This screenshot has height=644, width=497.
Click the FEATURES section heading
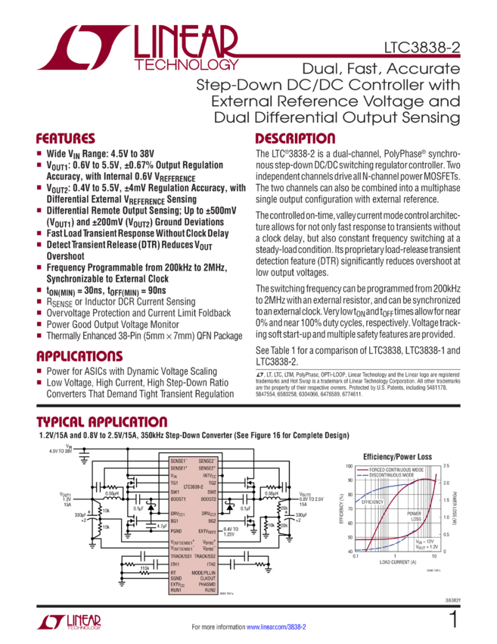(x=66, y=139)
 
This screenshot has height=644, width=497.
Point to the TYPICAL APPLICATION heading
(x=103, y=421)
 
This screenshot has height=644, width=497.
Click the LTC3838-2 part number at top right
(x=424, y=48)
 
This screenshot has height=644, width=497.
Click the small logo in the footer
(x=68, y=622)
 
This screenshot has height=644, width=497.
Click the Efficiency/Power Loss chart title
(x=397, y=458)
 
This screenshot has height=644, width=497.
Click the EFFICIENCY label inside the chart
(x=371, y=502)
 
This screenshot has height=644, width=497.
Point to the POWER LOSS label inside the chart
(x=415, y=516)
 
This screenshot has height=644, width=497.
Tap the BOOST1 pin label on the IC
(x=179, y=499)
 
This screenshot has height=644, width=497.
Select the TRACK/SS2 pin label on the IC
(x=205, y=556)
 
